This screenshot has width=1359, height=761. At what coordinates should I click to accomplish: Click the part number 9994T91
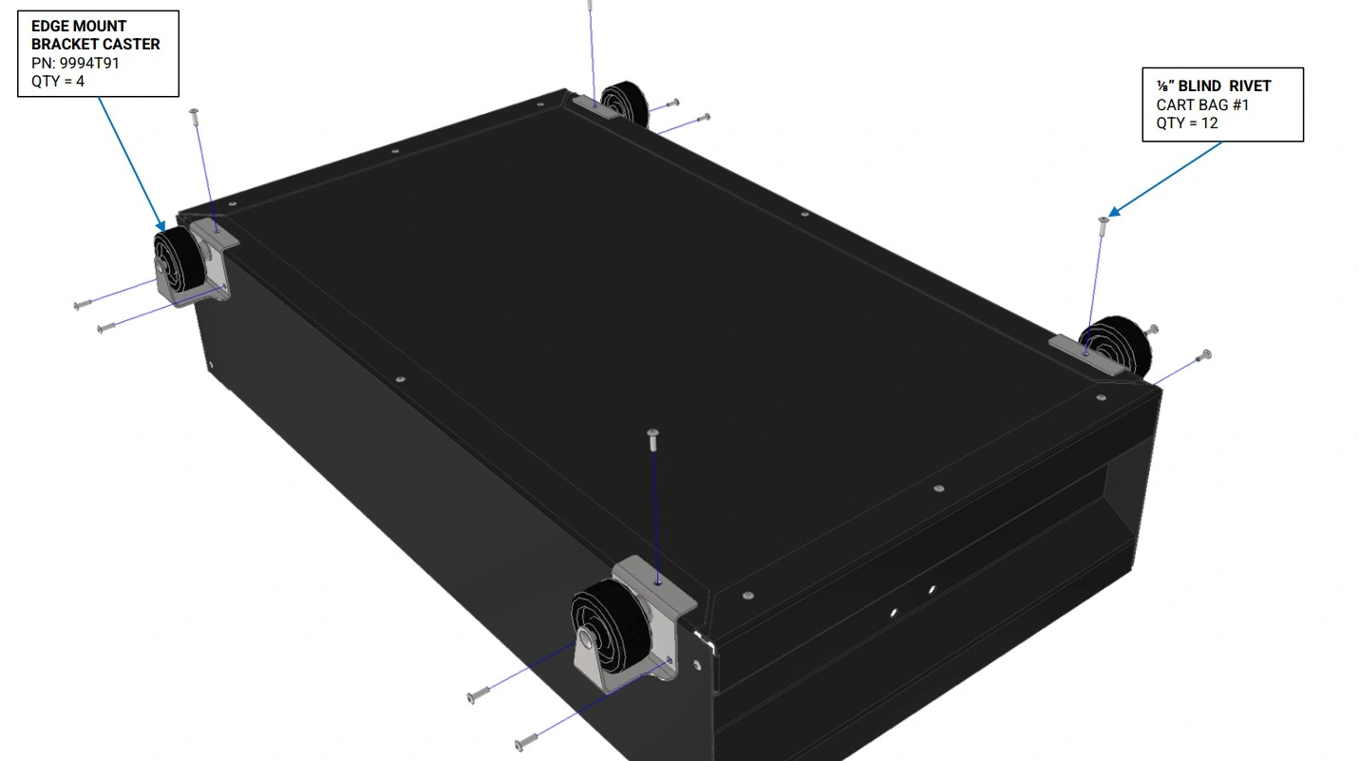pos(89,63)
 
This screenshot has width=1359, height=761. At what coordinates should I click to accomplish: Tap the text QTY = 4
pos(58,82)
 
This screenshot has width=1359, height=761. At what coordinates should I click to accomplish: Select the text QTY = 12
pos(1187,124)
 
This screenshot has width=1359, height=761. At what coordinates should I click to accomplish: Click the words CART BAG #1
pos(1202,105)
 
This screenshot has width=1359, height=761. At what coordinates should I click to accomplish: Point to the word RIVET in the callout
pos(1250,86)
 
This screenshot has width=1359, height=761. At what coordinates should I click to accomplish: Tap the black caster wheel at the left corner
pos(178,264)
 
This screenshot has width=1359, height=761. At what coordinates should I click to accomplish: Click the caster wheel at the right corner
pos(1116,345)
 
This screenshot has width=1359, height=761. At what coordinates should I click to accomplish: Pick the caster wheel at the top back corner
pos(625,102)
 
